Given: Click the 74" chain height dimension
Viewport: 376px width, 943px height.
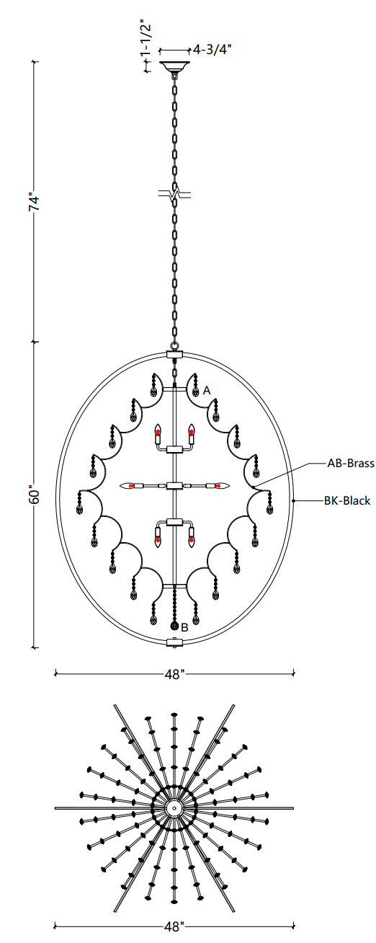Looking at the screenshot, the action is pos(35,203).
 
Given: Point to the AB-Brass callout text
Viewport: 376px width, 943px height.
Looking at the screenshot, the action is pos(351,464).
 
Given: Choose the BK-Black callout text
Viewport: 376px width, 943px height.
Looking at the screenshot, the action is pos(347,501).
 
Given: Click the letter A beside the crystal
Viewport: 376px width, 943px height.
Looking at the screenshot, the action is pos(207,391).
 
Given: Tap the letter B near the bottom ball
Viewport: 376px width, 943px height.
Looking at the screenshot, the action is pos(184,628).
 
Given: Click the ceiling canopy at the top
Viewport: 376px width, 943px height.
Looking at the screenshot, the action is pos(174,67).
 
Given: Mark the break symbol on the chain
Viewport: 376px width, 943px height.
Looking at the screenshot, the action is pos(174,195).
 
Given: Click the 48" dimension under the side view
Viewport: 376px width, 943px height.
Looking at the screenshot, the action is pos(174,674).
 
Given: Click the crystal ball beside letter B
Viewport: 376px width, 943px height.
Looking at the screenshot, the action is pos(174,627).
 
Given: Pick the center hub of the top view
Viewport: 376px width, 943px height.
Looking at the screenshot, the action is pos(174,808).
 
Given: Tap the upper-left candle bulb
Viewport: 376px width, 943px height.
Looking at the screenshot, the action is pos(158,430).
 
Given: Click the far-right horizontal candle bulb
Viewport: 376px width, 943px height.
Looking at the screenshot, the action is pos(220,486).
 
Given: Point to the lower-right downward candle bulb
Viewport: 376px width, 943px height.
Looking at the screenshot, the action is pos(192,540).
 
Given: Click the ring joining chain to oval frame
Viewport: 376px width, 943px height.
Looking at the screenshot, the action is pos(174,347).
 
